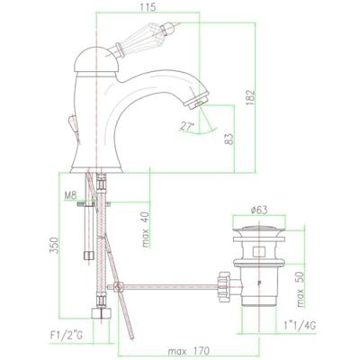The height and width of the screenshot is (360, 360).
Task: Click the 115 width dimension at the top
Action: (x=148, y=6)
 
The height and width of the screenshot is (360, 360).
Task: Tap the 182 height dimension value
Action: (x=249, y=97)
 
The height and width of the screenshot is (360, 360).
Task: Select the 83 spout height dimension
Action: (x=229, y=139)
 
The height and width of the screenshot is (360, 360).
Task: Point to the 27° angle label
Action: (x=186, y=126)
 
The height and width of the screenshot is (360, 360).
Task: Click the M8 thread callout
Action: (x=70, y=195)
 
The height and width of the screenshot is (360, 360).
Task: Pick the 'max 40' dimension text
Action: (x=146, y=229)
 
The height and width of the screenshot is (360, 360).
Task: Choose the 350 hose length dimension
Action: (x=53, y=245)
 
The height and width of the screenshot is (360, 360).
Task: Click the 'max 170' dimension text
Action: (x=188, y=351)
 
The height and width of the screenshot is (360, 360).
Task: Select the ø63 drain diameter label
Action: (x=259, y=210)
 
